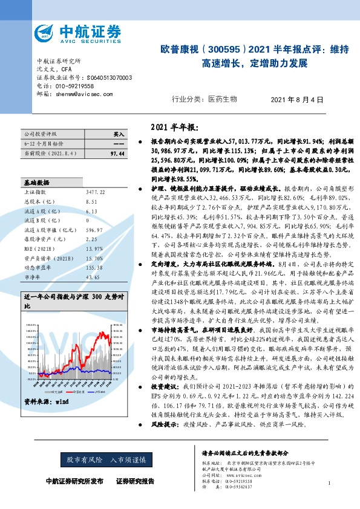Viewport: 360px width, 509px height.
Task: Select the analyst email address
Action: click(82, 94)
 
